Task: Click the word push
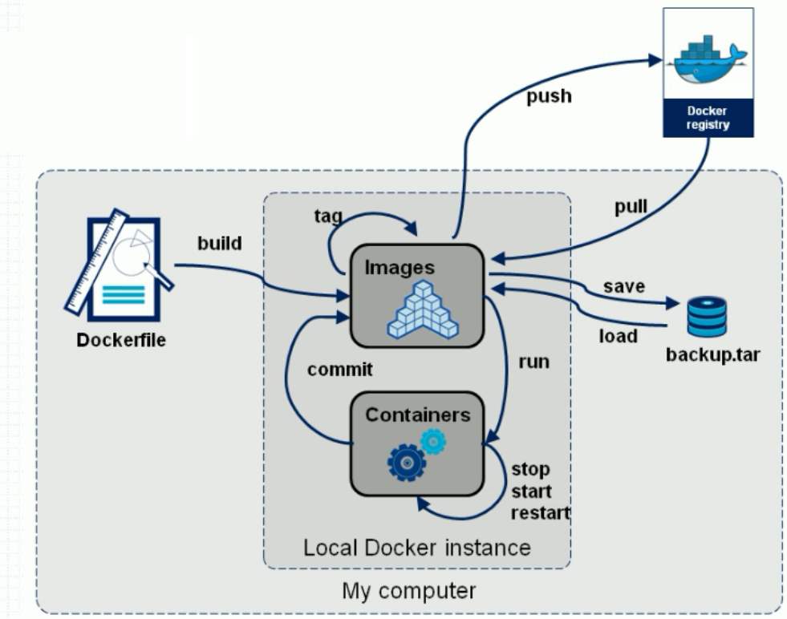point(549,96)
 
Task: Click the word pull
point(631,208)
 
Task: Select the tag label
point(328,216)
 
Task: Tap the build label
point(219,243)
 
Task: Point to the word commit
point(340,370)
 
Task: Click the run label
point(533,362)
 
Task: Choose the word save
point(624,286)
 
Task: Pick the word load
point(618,336)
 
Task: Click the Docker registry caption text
point(708,118)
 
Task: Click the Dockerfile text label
point(121,340)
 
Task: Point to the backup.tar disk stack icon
point(707,317)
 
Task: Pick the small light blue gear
point(433,439)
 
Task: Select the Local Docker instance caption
point(416,548)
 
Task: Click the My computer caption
point(408,591)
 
